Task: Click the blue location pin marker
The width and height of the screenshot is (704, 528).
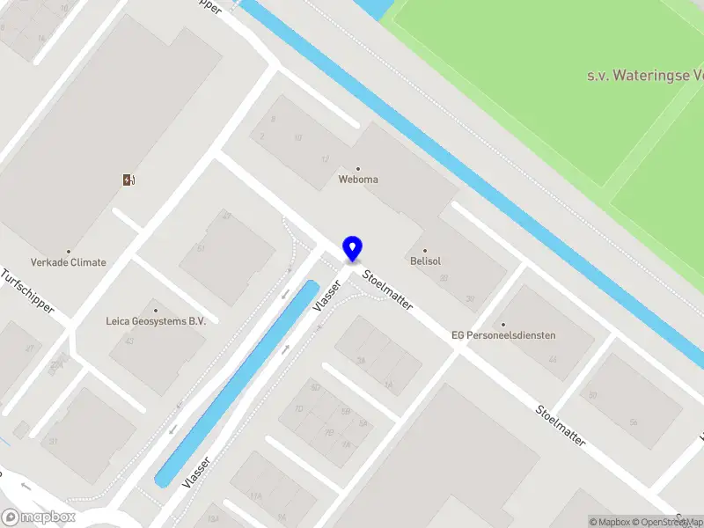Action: [352, 249]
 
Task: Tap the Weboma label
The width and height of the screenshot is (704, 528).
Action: [358, 180]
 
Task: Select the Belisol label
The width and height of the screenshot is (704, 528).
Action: [424, 261]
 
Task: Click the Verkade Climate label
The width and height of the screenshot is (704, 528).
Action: [69, 262]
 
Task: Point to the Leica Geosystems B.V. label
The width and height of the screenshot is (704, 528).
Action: [156, 321]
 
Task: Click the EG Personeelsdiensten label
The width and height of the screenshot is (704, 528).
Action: [503, 335]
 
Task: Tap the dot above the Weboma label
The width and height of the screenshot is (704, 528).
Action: [358, 168]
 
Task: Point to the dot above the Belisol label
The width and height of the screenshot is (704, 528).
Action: [424, 250]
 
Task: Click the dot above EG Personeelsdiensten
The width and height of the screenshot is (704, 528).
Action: [503, 324]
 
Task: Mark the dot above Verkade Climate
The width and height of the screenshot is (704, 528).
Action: [69, 251]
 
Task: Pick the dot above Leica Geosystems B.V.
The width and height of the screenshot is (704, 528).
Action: [156, 310]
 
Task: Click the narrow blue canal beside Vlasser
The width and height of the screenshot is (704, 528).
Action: [238, 383]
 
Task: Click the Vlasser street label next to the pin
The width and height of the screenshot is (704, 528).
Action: [326, 296]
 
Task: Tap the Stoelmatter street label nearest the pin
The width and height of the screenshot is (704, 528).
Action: [388, 288]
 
